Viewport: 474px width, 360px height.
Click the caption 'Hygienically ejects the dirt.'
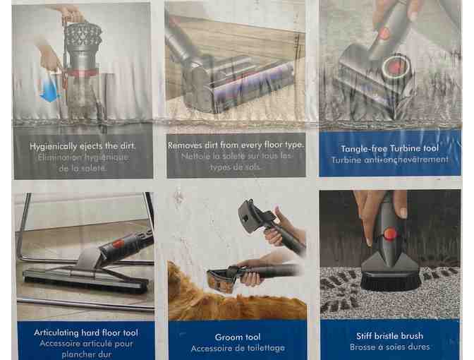[83, 146]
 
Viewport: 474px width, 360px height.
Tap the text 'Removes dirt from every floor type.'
[236, 145]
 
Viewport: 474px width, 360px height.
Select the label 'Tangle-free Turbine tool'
[389, 148]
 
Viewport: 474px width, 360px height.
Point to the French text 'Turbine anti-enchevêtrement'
[389, 160]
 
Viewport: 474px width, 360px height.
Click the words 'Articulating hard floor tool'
[85, 332]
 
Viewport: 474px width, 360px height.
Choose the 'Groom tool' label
[238, 337]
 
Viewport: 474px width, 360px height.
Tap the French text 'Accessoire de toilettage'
[238, 349]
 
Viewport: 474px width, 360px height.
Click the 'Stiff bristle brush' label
[389, 336]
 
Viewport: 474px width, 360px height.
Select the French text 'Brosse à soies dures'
[389, 347]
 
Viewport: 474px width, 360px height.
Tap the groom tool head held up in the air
[254, 215]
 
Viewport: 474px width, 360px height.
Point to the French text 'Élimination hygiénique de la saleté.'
[83, 163]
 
